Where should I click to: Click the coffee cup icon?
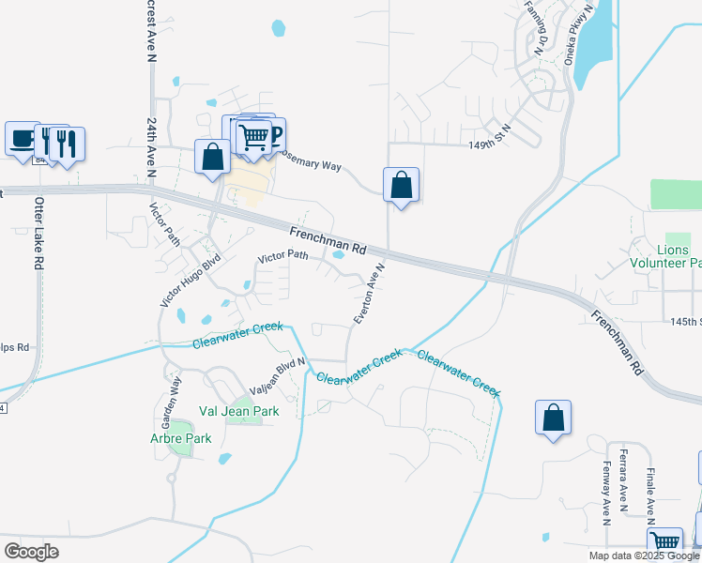[x=22, y=138]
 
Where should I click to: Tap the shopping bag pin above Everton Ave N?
[x=401, y=185]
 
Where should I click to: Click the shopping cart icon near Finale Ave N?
[x=664, y=542]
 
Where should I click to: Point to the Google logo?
[x=31, y=552]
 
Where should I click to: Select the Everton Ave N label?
[x=370, y=294]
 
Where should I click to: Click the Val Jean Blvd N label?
[x=278, y=376]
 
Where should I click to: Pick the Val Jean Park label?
[x=239, y=411]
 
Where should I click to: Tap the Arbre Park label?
[x=180, y=438]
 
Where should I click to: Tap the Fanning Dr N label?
[x=544, y=28]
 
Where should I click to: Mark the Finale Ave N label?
[x=649, y=490]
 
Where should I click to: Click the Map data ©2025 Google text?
[x=645, y=555]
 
